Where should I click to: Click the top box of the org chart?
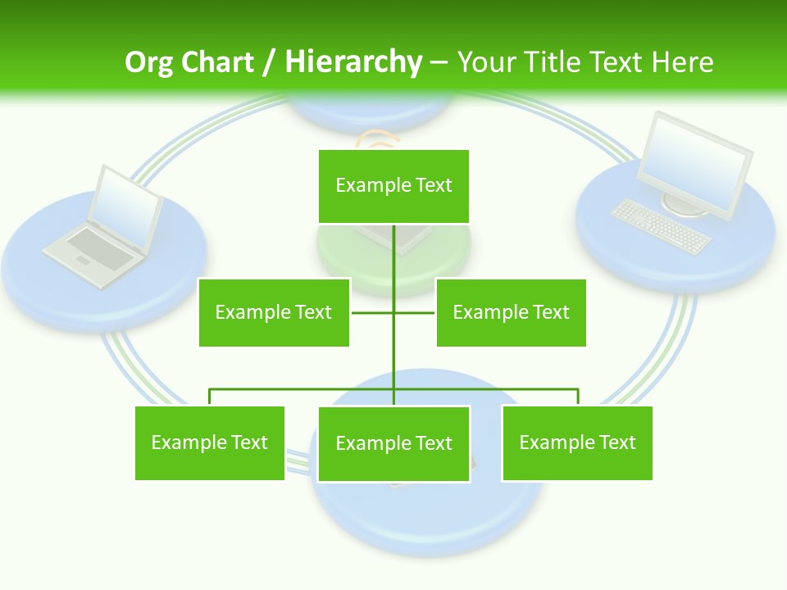click(x=393, y=186)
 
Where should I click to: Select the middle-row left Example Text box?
click(x=274, y=312)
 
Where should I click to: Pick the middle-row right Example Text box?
click(x=511, y=312)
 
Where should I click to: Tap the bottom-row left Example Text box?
click(x=210, y=442)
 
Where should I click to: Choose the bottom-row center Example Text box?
click(x=393, y=443)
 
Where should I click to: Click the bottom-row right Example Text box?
click(x=577, y=442)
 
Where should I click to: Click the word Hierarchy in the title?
click(x=353, y=62)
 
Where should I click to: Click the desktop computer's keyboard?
click(x=661, y=226)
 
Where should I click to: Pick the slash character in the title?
click(x=269, y=62)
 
